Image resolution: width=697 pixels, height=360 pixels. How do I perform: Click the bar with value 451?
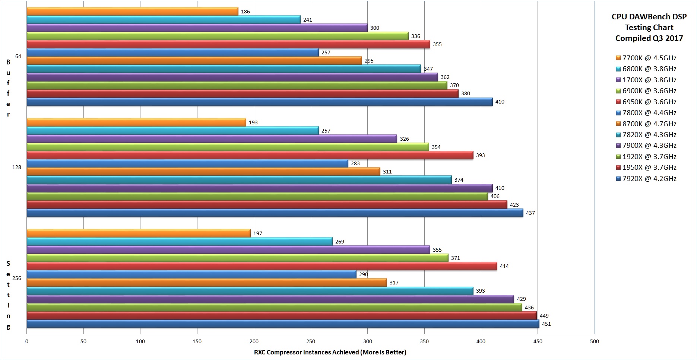point(283,324)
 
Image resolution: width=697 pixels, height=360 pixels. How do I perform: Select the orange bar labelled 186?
point(132,12)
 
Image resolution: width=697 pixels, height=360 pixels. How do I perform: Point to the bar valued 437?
point(275,213)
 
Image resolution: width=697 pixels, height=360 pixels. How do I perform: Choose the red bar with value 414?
point(262,266)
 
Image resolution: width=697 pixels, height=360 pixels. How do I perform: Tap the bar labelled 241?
point(164,20)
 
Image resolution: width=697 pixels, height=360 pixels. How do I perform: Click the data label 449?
point(544,316)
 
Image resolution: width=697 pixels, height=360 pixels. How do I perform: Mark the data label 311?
point(387,172)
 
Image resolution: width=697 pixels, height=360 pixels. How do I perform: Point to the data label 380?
point(466,93)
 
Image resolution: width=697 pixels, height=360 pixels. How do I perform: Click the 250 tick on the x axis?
point(311,341)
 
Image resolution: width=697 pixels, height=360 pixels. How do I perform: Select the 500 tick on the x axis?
point(595,341)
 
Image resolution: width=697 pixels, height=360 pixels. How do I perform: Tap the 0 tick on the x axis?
point(27,341)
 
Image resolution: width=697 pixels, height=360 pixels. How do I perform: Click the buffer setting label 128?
point(17,167)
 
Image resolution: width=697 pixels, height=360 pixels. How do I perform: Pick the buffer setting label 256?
point(17,278)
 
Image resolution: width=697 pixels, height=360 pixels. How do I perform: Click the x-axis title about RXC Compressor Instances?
point(330,352)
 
